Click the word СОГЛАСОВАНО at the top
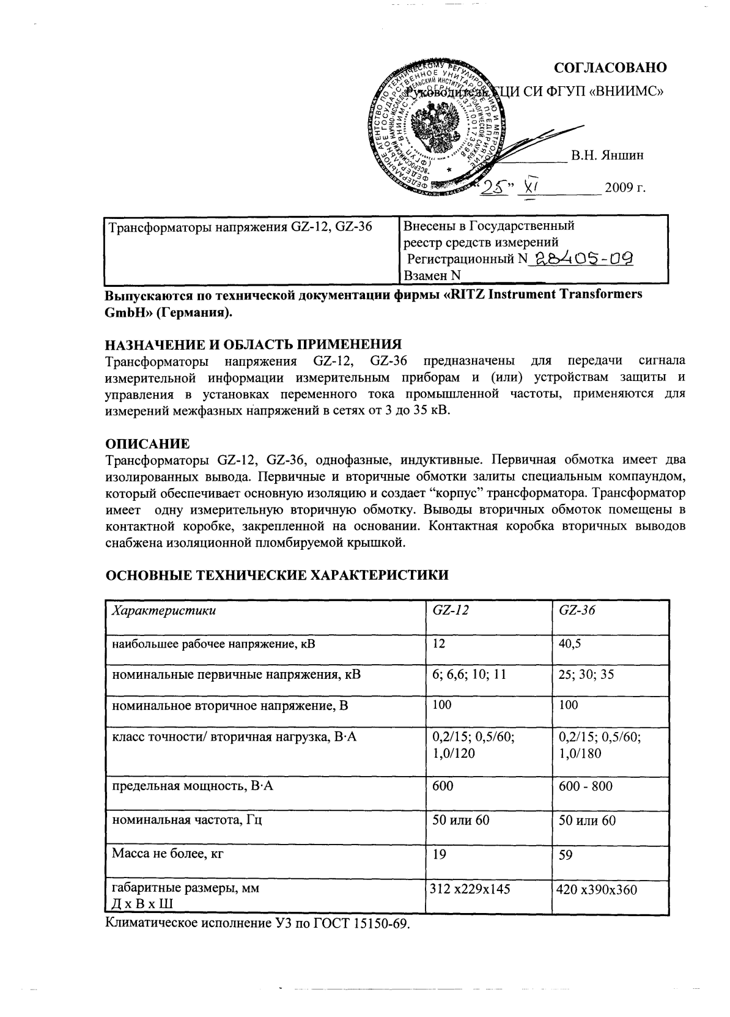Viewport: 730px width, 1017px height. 610,68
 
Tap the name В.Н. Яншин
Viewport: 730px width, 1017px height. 607,156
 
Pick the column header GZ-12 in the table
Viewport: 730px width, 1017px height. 450,610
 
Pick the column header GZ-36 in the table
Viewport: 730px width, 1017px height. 577,610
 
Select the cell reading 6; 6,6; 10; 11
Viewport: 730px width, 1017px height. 469,675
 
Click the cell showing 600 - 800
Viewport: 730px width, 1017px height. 585,786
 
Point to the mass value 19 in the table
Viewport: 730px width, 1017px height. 439,854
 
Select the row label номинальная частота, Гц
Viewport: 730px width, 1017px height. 186,820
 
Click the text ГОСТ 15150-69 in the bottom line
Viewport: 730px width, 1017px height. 360,923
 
